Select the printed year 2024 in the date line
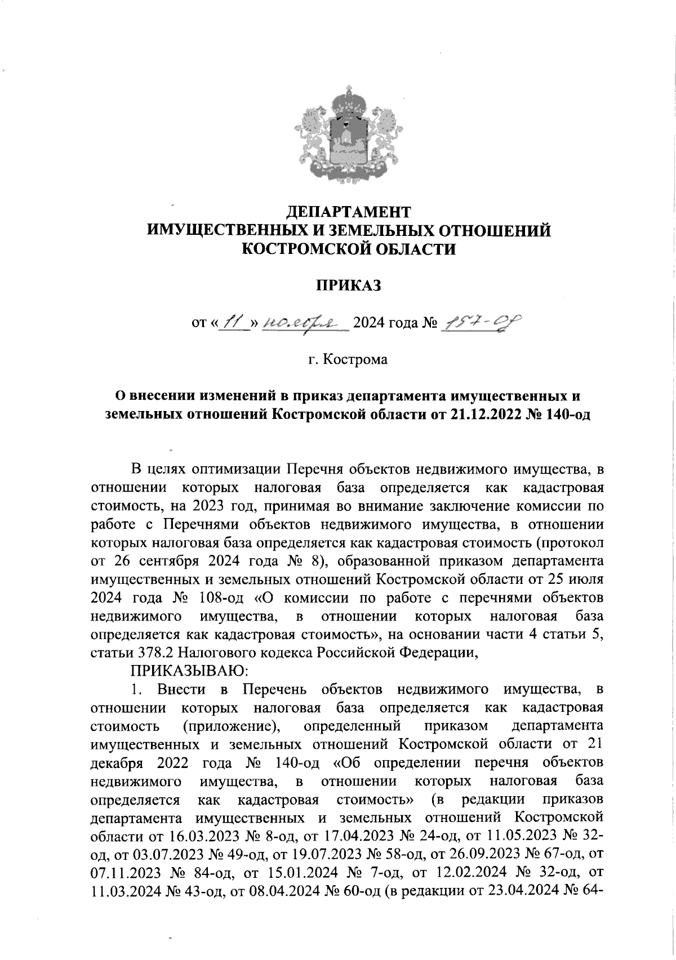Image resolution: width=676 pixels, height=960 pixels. [x=367, y=323]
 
